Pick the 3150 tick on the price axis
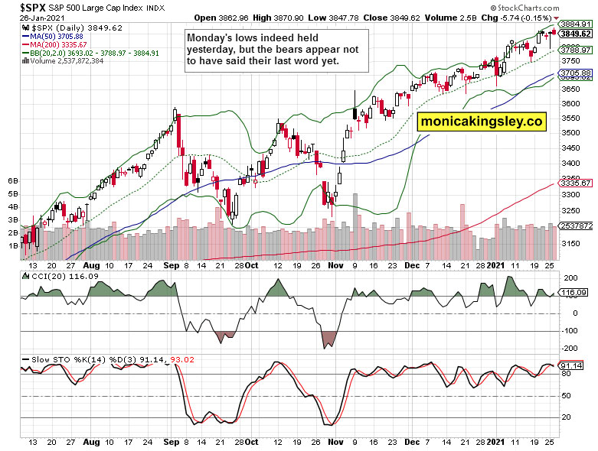(570, 244)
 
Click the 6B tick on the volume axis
(13, 180)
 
